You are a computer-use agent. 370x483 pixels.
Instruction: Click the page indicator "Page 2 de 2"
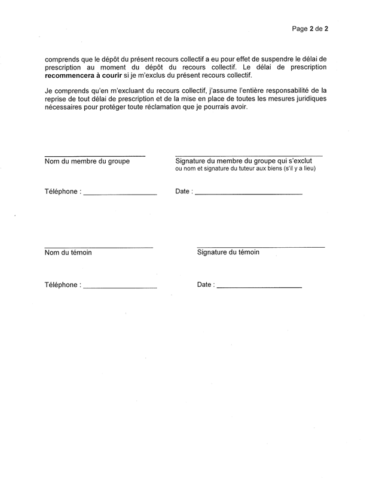coord(311,28)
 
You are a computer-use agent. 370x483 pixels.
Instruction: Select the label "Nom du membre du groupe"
coord(87,162)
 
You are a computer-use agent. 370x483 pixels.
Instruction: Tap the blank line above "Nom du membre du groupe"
coord(94,156)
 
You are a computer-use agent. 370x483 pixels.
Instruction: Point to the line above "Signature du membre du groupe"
coord(248,156)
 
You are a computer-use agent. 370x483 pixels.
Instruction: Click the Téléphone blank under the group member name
coord(120,195)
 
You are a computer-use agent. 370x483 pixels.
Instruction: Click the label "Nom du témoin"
coord(68,253)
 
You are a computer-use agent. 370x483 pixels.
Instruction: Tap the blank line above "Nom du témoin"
coord(99,247)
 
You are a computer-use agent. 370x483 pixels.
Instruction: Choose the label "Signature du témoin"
coord(228,253)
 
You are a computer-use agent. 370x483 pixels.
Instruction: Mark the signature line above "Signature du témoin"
coord(261,247)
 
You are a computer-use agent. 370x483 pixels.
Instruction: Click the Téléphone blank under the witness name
coord(120,288)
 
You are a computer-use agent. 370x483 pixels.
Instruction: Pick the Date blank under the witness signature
coord(259,288)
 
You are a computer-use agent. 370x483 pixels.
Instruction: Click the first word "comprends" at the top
coord(62,60)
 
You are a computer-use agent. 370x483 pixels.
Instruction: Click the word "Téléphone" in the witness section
coord(61,285)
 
